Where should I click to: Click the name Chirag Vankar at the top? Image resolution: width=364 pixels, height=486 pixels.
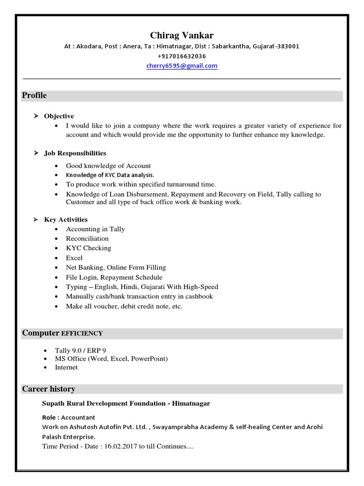(182, 36)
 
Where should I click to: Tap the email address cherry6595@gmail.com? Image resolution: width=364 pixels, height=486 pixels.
(182, 66)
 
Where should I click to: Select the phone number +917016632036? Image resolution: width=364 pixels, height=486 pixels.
(182, 56)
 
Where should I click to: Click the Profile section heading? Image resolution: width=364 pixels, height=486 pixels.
(35, 95)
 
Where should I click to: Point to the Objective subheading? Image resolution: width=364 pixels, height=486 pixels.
(59, 116)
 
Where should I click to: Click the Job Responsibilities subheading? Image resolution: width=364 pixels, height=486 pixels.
(75, 153)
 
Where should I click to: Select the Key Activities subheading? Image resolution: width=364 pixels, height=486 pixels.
(66, 219)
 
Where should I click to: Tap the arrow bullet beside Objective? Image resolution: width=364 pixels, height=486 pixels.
(36, 116)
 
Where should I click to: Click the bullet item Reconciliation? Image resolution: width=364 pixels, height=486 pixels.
(87, 238)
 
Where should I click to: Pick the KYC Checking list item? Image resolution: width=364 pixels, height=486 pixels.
(88, 248)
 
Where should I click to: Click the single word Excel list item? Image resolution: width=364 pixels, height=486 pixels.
(74, 258)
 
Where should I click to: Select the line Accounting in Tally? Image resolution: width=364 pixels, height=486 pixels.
(95, 229)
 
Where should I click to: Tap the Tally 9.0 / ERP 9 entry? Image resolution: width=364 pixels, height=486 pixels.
(81, 350)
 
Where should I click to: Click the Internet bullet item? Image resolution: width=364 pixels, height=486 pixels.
(66, 367)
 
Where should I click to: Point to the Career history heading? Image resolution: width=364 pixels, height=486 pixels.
(49, 389)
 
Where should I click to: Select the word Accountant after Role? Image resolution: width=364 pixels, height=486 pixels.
(79, 417)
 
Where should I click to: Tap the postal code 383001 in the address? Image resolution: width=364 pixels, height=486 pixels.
(288, 46)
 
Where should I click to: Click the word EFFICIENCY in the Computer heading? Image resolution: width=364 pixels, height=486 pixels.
(82, 334)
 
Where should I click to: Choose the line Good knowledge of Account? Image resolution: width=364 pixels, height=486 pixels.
(108, 166)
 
